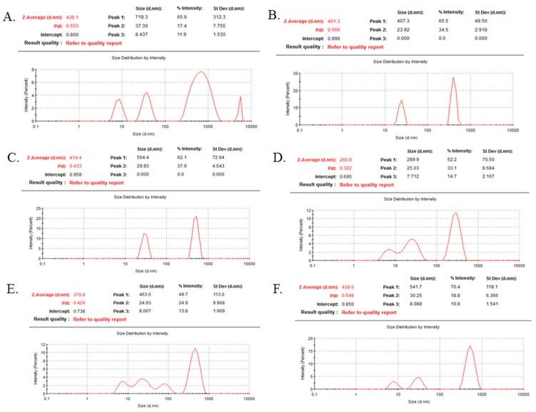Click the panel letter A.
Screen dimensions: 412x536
tap(10, 14)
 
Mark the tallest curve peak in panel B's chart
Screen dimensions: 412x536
tap(453, 79)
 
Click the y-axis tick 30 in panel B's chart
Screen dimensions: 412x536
tap(295, 73)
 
